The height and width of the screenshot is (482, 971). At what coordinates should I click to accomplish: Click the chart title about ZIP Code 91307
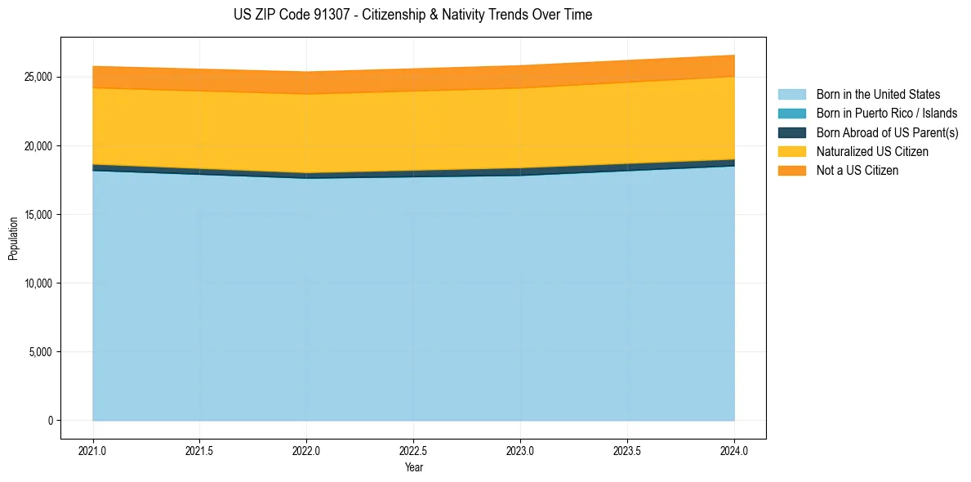[x=412, y=15]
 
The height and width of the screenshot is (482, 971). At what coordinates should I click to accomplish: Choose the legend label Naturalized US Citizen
[x=872, y=152]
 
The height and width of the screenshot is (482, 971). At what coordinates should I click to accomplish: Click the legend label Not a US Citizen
[x=857, y=171]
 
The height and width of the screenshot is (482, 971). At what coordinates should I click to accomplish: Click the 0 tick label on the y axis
[x=50, y=421]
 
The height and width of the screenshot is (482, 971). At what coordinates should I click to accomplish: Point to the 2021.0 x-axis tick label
[x=93, y=450]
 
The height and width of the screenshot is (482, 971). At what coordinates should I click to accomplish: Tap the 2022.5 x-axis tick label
[x=413, y=450]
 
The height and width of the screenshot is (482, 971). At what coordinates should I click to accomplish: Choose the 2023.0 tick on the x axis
[x=520, y=450]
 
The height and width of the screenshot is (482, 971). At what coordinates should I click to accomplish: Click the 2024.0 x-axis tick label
[x=734, y=450]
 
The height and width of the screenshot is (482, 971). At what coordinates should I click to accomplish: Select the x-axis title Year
[x=414, y=468]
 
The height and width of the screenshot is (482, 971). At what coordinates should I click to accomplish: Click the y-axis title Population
[x=13, y=239]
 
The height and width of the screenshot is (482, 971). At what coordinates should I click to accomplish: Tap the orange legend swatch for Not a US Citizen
[x=791, y=171]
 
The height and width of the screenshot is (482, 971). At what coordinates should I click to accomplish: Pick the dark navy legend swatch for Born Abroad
[x=791, y=132]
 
